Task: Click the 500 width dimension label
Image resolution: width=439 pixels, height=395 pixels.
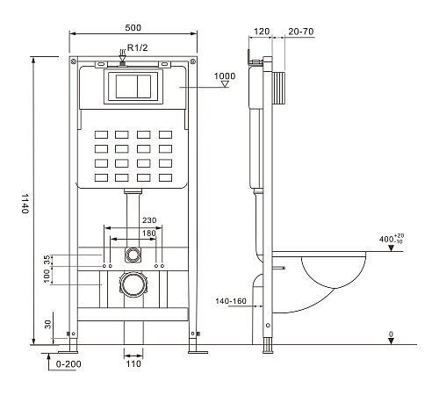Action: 133,28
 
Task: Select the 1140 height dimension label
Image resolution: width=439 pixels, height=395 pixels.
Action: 25,204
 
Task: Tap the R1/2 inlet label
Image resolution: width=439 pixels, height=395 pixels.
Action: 138,47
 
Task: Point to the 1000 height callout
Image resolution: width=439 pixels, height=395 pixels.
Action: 225,76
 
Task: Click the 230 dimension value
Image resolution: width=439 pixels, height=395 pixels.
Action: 149,220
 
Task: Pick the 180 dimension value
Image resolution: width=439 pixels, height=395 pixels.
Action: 148,233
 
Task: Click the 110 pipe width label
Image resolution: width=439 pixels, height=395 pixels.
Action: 133,363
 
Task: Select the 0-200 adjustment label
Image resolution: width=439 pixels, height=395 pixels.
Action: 68,364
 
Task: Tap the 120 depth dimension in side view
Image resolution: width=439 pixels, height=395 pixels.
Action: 262,32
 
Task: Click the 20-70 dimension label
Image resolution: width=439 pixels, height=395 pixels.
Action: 301,32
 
